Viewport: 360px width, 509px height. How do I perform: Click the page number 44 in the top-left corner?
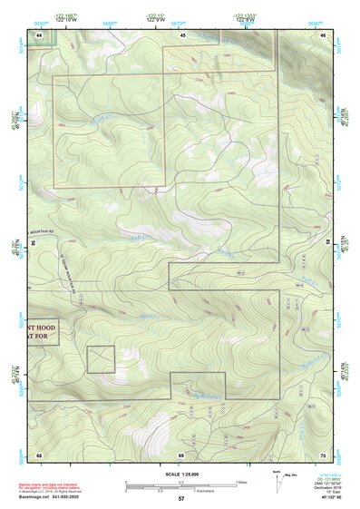tap(40, 34)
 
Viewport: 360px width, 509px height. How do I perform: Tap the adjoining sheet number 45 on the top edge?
tap(182, 34)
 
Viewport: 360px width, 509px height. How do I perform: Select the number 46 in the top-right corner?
tap(324, 34)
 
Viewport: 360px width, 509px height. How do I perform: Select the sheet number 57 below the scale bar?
tap(181, 499)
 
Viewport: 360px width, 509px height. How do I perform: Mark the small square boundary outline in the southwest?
tap(100, 359)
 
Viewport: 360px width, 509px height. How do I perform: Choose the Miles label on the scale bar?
tap(243, 481)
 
